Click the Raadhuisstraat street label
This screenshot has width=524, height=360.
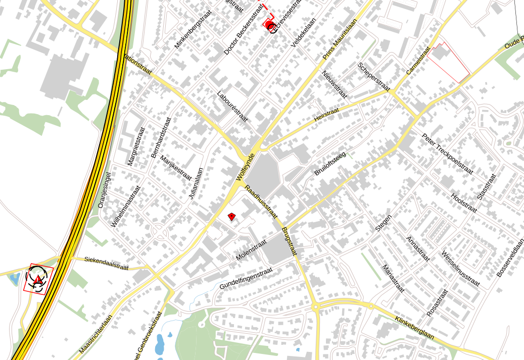click(261, 202)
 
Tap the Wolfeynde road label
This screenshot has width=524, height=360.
click(245, 167)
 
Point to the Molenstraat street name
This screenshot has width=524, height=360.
click(251, 250)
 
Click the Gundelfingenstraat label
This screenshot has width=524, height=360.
click(246, 278)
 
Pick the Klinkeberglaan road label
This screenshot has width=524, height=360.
click(415, 328)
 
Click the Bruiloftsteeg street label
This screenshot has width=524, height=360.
click(329, 164)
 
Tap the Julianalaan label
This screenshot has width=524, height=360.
click(196, 183)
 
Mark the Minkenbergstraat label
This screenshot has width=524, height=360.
click(193, 29)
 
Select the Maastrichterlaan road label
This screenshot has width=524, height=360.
click(96, 335)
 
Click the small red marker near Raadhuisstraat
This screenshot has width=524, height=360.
click(231, 217)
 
